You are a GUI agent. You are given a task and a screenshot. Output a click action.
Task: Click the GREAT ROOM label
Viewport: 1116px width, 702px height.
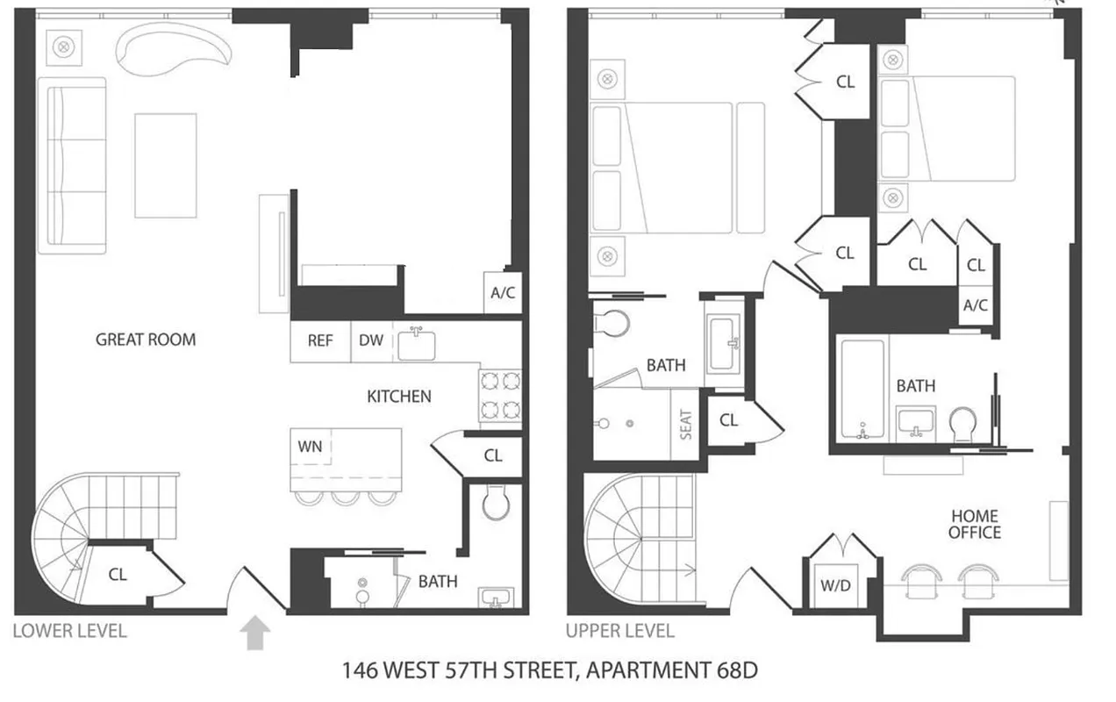pos(146,340)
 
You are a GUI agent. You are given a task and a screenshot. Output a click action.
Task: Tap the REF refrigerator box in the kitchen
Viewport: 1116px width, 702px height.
pos(320,340)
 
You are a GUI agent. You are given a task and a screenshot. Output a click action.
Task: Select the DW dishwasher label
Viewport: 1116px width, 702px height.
pos(371,340)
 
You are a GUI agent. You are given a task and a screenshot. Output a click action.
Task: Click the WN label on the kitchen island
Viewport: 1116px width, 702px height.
pos(310,446)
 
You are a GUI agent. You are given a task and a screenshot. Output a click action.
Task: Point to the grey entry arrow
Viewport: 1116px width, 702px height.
pos(254,633)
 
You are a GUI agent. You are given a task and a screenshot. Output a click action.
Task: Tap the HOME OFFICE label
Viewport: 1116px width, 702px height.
pos(974,524)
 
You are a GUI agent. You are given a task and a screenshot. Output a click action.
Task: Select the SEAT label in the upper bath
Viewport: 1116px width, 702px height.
pos(686,425)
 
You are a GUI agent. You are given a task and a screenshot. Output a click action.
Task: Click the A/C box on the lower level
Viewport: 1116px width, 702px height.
pos(503,293)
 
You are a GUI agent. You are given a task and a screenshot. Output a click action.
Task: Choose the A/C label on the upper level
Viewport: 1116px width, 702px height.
pos(976,305)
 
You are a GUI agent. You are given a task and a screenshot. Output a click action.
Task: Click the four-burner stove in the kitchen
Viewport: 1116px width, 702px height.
pos(500,396)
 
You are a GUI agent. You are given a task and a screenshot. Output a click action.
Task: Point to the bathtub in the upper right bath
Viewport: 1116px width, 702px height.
pos(863,389)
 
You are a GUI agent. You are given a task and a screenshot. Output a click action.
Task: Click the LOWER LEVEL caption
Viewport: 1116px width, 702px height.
pos(70,630)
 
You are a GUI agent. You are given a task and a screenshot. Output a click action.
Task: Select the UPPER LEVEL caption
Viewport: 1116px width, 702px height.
pos(620,630)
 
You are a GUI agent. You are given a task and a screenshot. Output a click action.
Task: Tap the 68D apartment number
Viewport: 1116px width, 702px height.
pos(733,672)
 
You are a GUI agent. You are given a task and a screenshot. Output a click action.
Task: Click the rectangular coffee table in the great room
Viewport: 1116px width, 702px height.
pos(165,165)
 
